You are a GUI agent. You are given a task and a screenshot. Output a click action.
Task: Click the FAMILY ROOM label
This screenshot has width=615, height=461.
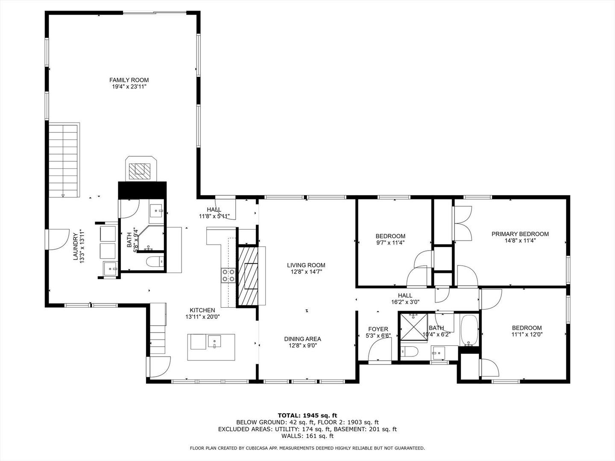129,80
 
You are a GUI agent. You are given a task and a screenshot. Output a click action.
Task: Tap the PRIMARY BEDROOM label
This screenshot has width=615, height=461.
520,234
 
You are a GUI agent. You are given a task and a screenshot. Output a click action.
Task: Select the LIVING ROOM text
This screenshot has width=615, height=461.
306,265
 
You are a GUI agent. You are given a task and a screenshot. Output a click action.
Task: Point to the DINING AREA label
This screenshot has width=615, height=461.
302,339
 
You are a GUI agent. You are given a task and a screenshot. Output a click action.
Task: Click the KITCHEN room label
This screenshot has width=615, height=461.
202,310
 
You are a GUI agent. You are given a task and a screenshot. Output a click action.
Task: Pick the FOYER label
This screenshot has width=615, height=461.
378,329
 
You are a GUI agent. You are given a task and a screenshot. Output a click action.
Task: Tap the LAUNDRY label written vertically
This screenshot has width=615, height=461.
76,246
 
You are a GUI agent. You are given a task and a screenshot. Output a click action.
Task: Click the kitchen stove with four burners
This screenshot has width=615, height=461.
228,275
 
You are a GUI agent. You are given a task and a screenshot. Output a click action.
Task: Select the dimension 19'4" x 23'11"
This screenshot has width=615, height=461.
129,87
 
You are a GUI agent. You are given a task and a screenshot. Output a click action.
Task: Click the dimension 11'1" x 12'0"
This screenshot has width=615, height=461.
527,335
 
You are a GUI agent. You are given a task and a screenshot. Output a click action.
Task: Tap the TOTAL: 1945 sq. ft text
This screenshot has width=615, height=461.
307,415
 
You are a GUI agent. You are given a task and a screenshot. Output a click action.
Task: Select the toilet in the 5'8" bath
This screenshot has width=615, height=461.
152,261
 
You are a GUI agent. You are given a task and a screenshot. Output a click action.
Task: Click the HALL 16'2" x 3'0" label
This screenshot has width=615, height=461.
405,298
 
